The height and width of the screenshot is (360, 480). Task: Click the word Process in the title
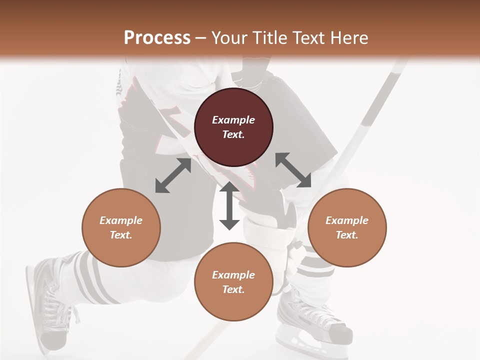157,38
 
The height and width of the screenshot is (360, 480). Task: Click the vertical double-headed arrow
229,205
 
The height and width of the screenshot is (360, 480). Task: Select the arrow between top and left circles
173,175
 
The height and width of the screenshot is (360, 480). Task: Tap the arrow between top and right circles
293,170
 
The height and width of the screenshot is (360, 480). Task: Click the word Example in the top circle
233,120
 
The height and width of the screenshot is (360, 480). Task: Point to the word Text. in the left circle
121,235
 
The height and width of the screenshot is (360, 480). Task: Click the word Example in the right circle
347,220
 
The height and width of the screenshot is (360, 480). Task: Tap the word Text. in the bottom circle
233,289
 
